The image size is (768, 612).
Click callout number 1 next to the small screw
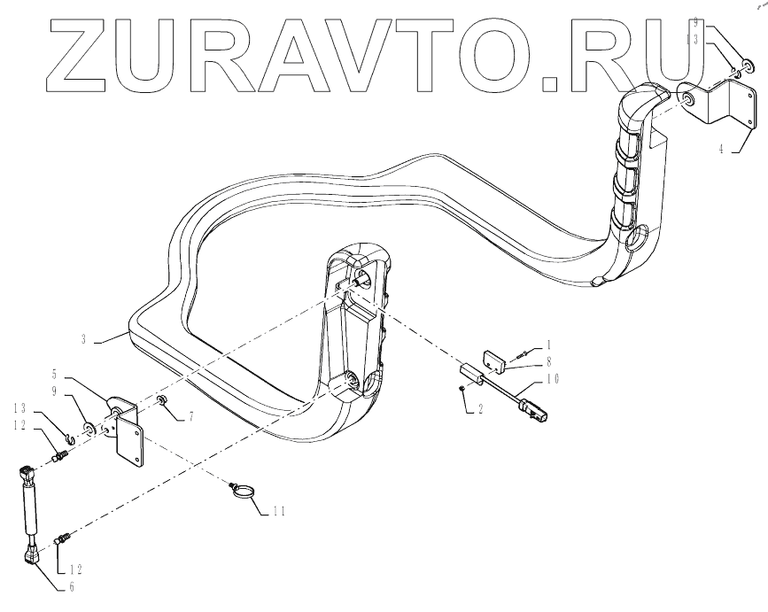(x=548, y=343)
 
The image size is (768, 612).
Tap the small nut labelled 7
(x=164, y=405)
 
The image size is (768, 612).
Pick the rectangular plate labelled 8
(x=495, y=360)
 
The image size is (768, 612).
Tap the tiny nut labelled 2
(x=462, y=389)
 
